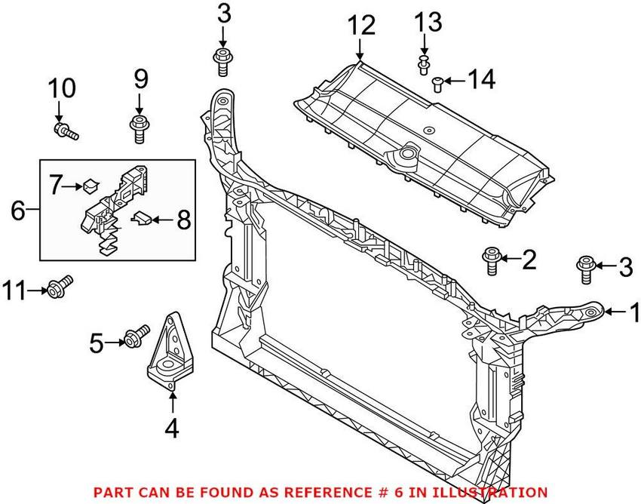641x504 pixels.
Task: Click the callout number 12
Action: (361, 26)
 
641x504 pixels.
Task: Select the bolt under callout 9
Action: (139, 128)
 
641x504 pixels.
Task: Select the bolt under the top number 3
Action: (222, 60)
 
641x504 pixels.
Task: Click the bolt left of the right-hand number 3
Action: (586, 269)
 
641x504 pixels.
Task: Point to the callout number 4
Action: (172, 429)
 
